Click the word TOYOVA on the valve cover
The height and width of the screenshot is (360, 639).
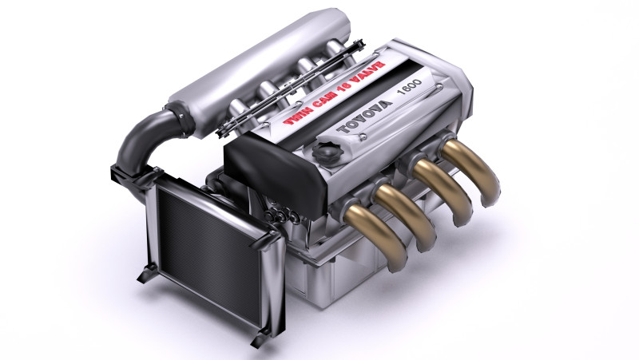[x=366, y=117]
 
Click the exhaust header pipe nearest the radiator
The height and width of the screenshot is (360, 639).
[x=375, y=227]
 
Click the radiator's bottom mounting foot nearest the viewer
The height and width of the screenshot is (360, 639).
[x=258, y=338]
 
